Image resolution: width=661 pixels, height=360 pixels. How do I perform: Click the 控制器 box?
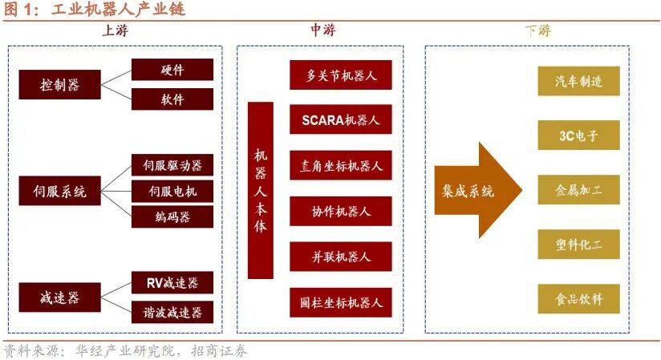(x=59, y=83)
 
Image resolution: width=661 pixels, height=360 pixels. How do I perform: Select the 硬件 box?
(x=172, y=70)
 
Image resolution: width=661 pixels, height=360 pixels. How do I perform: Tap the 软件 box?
(x=172, y=99)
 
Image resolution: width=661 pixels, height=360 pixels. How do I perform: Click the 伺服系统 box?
(x=59, y=192)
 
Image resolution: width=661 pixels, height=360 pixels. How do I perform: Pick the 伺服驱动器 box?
(x=172, y=165)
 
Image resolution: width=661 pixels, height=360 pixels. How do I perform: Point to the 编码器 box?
(x=172, y=216)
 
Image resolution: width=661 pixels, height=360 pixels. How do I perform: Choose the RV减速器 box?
(x=172, y=282)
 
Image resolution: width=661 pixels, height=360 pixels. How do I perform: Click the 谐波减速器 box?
(x=172, y=312)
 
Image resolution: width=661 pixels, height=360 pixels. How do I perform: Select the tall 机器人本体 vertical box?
(x=260, y=190)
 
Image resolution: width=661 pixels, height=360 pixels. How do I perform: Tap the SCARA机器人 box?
(x=341, y=120)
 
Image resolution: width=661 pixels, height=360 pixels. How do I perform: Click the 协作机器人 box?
(x=341, y=212)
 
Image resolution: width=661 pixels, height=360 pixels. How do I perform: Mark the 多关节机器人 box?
(x=341, y=75)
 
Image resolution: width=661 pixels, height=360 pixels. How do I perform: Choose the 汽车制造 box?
(x=578, y=82)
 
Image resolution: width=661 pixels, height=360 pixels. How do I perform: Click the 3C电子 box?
(x=578, y=136)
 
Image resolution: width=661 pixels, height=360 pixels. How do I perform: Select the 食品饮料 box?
(x=578, y=299)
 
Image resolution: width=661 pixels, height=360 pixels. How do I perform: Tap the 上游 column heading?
(x=115, y=30)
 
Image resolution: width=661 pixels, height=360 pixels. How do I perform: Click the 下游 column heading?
(x=537, y=30)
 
